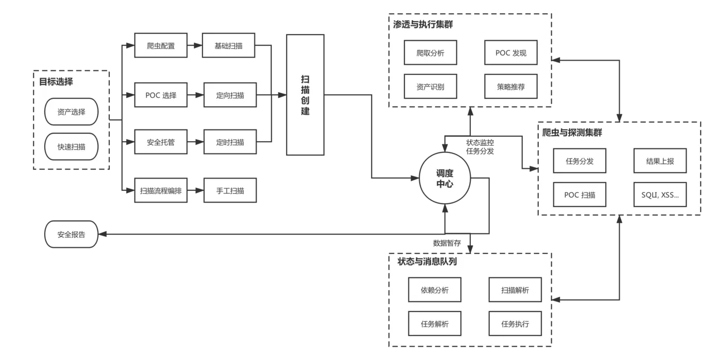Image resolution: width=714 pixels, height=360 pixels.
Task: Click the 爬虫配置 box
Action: (161, 46)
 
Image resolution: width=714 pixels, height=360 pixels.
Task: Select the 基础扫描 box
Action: (229, 46)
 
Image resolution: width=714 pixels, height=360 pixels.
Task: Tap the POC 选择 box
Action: (161, 95)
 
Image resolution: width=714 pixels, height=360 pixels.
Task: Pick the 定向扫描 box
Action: (229, 95)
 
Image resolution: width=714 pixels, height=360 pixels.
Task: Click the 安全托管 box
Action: (161, 142)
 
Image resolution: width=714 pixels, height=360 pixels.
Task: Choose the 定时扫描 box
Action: (229, 142)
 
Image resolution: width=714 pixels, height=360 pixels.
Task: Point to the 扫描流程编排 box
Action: (161, 191)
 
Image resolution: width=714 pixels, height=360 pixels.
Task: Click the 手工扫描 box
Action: (229, 191)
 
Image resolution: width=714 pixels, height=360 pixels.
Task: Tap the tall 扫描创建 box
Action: (305, 95)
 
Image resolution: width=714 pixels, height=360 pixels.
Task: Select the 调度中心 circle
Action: (445, 178)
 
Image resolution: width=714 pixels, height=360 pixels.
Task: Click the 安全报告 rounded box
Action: (71, 235)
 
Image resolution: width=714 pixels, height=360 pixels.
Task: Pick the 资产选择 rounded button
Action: (71, 112)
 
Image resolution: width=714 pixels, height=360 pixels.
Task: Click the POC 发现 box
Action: (510, 54)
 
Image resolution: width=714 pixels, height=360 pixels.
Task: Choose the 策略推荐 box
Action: (510, 87)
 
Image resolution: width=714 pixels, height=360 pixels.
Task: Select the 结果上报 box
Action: (660, 161)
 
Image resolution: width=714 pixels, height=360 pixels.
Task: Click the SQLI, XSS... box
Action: (660, 195)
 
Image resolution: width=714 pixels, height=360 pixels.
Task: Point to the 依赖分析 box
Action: (435, 290)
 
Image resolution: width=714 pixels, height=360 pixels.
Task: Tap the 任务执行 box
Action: (515, 324)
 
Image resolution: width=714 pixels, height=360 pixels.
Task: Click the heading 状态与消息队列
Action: (427, 261)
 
